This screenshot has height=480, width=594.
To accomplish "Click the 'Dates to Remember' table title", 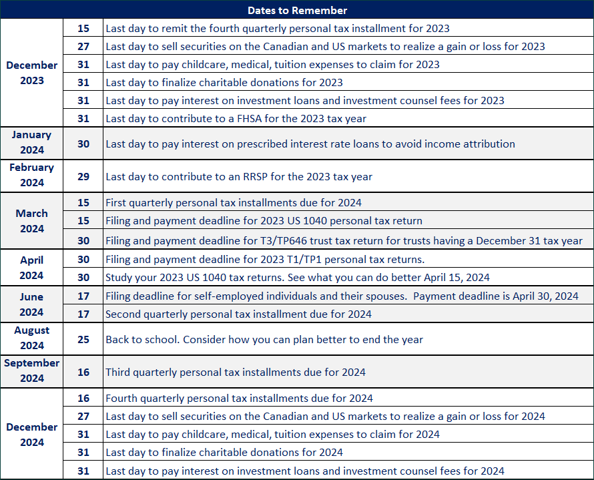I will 297,10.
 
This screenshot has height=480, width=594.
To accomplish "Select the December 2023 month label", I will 32,73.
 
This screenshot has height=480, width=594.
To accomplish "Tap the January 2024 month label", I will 32,142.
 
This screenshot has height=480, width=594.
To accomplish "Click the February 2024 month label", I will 32,175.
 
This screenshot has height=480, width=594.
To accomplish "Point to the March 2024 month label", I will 32,221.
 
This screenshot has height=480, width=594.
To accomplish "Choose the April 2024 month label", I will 32,268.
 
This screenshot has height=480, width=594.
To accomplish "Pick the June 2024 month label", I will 32,304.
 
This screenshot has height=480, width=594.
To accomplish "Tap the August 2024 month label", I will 32,338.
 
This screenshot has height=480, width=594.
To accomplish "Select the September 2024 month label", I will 32,371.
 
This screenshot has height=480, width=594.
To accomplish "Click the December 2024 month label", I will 32,435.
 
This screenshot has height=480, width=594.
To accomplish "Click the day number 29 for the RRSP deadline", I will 83,177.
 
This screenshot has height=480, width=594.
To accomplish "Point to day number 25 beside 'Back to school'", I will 83,339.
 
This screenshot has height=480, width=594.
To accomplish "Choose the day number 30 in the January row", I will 83,144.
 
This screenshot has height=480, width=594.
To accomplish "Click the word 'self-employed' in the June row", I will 218,296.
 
